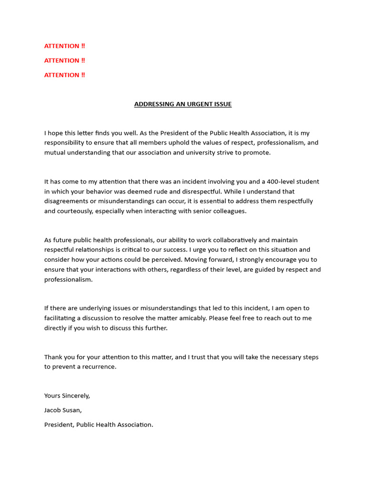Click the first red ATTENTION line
tap(64, 46)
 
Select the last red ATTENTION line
tap(64, 75)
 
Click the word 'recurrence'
tap(99, 366)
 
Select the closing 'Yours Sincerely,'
tap(67, 396)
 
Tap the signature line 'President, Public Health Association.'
tap(99, 425)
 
